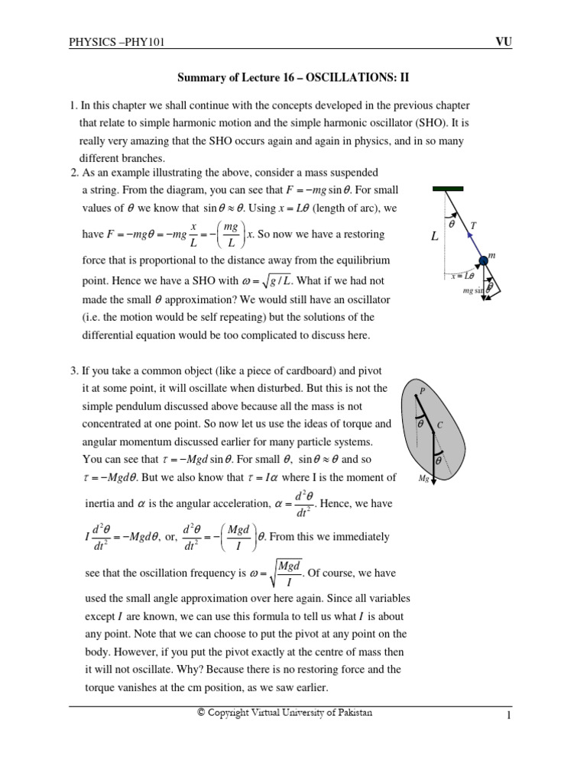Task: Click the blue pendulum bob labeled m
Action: (x=483, y=265)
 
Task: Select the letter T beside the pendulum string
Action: (x=474, y=225)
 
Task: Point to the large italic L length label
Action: (x=434, y=238)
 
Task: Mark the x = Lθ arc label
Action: (x=462, y=276)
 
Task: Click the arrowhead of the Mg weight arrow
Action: (x=433, y=482)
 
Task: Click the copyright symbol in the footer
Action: (x=201, y=713)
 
